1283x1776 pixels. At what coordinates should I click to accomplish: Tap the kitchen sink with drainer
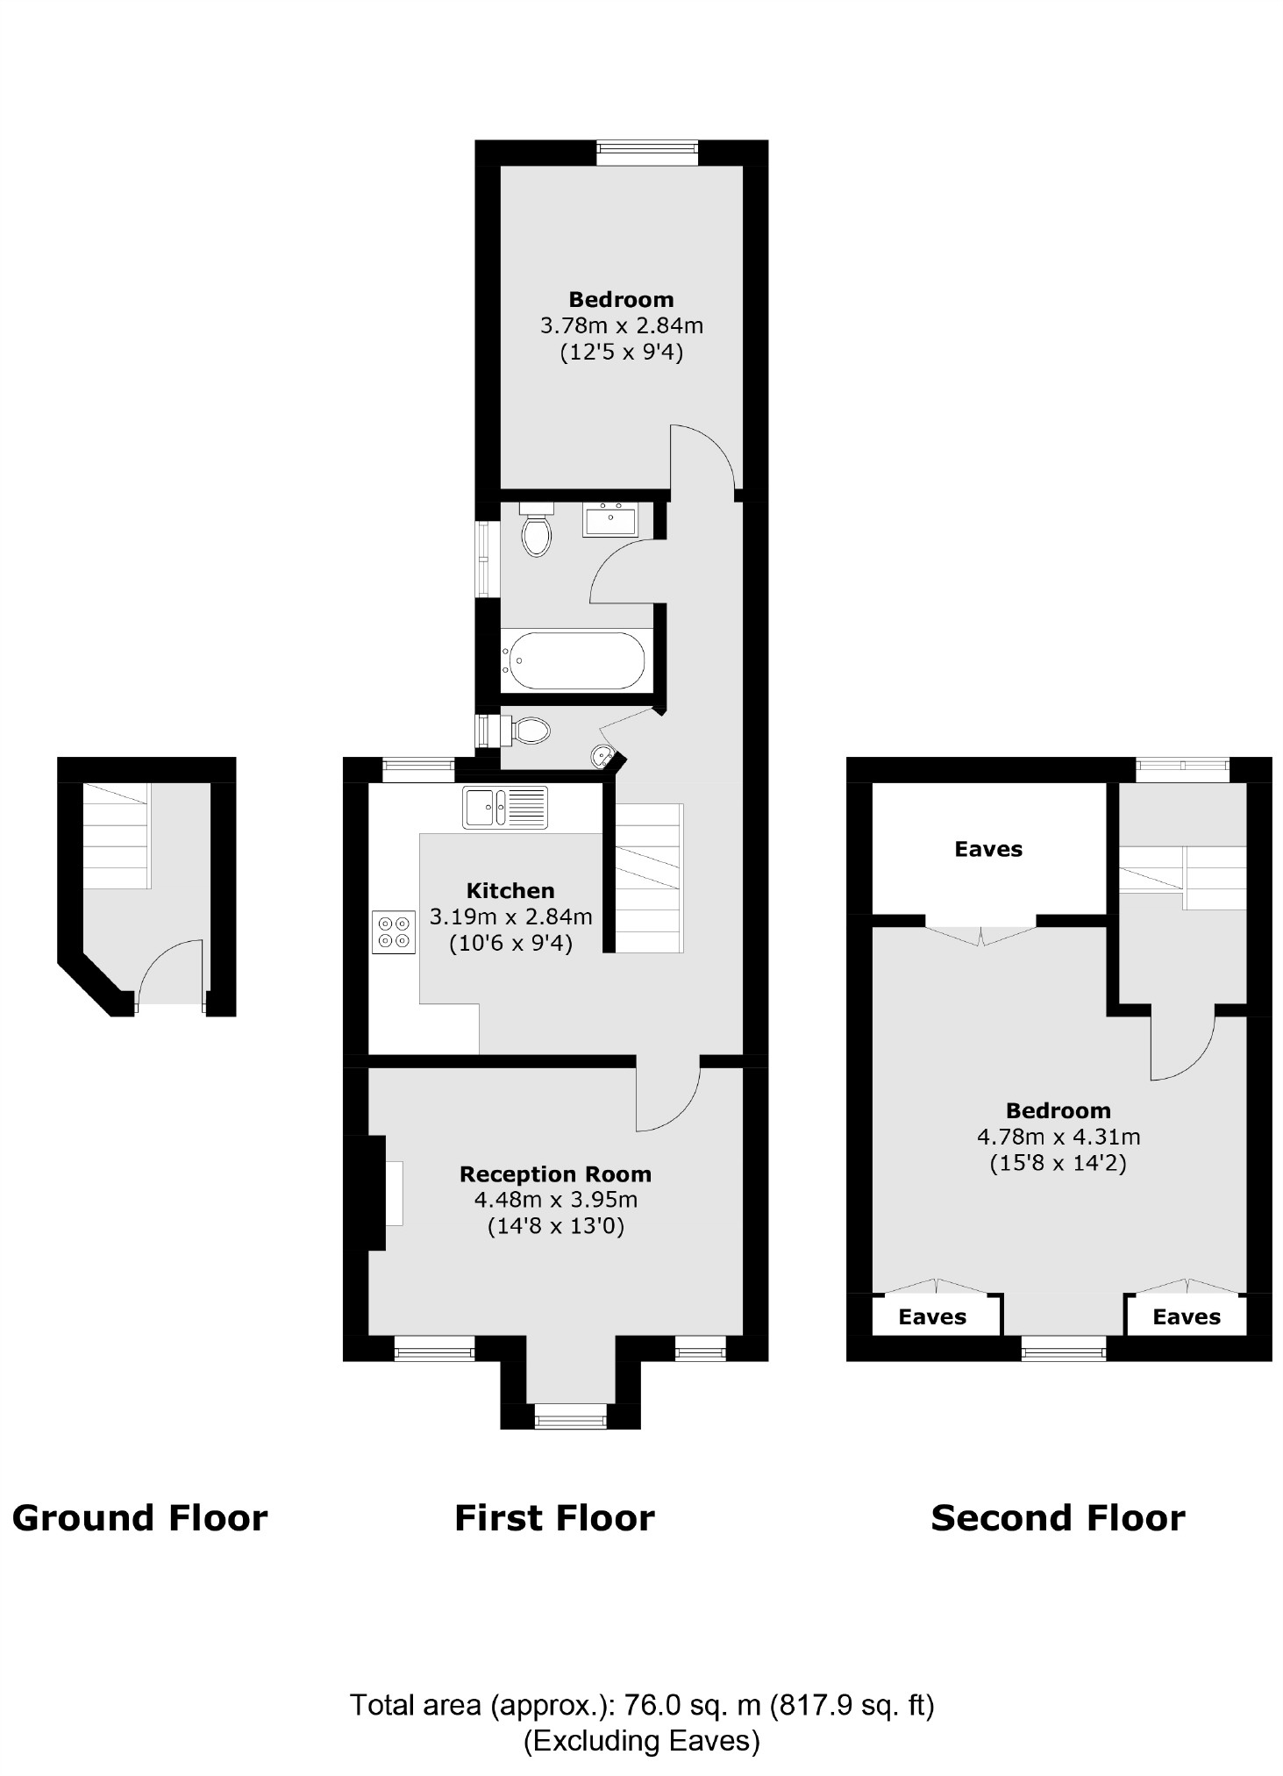pyautogui.click(x=505, y=807)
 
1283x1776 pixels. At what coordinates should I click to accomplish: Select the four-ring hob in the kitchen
pyautogui.click(x=394, y=931)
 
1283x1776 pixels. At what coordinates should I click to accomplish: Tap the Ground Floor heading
pyautogui.click(x=139, y=1518)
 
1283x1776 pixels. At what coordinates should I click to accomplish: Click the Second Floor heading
pyautogui.click(x=1058, y=1518)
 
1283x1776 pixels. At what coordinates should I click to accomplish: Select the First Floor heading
pyautogui.click(x=554, y=1518)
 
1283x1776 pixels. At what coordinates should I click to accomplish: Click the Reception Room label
pyautogui.click(x=555, y=1173)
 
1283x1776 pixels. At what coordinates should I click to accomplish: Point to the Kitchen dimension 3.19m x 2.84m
pyautogui.click(x=510, y=917)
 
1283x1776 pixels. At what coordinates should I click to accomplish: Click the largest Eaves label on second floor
pyautogui.click(x=988, y=849)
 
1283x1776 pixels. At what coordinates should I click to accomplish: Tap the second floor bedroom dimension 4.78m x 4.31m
pyautogui.click(x=1058, y=1137)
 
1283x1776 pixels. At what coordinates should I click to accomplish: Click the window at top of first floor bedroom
pyautogui.click(x=647, y=153)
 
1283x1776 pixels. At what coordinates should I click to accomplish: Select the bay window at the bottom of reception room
pyautogui.click(x=570, y=1416)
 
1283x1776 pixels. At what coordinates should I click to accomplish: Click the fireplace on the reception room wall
pyautogui.click(x=394, y=1192)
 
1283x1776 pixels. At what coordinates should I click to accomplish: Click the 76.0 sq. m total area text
pyautogui.click(x=642, y=1705)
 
